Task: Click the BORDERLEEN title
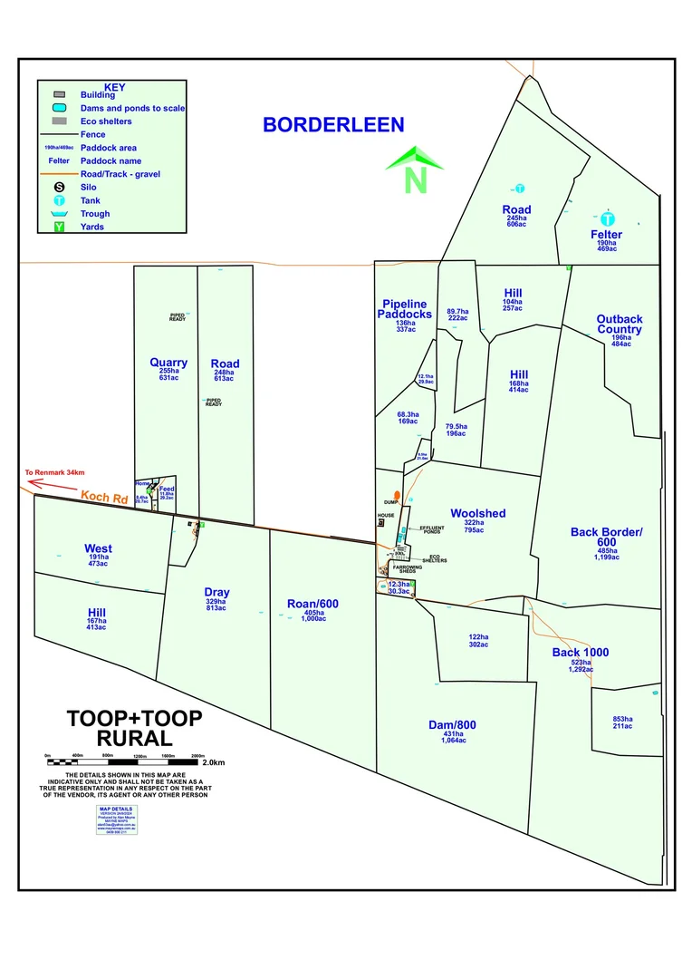333,125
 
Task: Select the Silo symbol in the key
59,187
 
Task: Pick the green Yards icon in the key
59,227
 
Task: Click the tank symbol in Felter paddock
609,218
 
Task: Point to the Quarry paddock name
168,363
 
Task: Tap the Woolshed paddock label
477,513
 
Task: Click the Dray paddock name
216,593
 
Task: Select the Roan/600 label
312,604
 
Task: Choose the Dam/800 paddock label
452,724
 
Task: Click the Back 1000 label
581,653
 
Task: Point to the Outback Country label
620,324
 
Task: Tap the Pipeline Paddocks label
405,308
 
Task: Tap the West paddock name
98,548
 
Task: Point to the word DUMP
391,502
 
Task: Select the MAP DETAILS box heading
115,808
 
